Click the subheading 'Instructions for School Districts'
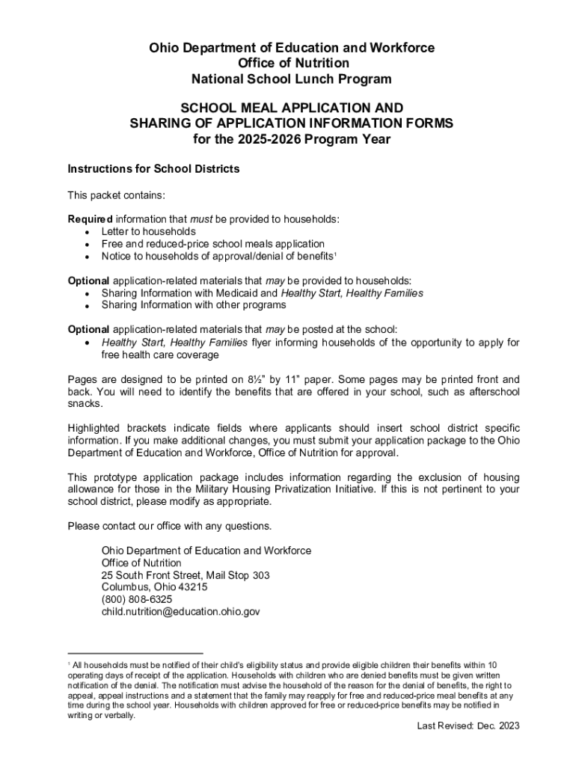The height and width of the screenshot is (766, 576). [153, 169]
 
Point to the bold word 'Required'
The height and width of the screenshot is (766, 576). [90, 219]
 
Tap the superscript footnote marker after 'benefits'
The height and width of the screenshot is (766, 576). [335, 254]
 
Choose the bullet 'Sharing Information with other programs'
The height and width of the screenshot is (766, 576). [194, 305]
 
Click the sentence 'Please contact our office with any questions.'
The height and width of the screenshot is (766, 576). [170, 526]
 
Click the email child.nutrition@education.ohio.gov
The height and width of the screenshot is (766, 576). [181, 611]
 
